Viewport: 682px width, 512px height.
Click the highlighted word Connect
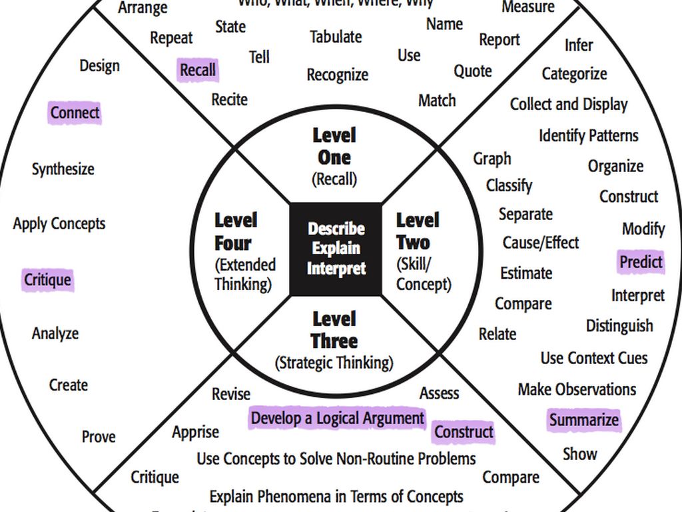tap(75, 113)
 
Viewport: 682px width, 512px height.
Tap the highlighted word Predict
tap(641, 262)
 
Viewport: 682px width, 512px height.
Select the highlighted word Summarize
tap(583, 420)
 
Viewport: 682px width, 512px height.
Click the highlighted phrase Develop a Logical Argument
tap(337, 418)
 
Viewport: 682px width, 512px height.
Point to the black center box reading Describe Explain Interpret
tap(336, 248)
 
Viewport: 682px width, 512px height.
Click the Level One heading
tap(334, 147)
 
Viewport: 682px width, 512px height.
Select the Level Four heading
tap(235, 231)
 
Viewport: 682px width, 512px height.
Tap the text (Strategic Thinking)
tap(334, 363)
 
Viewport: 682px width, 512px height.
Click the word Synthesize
tap(63, 169)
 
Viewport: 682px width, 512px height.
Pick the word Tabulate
tap(336, 37)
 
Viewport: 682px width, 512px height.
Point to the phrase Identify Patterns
tap(588, 136)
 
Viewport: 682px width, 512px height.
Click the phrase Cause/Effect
tap(540, 243)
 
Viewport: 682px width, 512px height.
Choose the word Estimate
tap(526, 273)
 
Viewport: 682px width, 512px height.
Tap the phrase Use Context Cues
tap(593, 358)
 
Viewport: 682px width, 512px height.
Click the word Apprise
tap(195, 433)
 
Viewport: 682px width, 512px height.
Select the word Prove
tap(99, 437)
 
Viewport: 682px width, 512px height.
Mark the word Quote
tap(472, 71)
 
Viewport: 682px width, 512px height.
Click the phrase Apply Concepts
tap(59, 224)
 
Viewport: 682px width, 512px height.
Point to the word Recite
tap(229, 100)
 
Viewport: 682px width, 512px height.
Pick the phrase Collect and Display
tap(569, 105)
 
